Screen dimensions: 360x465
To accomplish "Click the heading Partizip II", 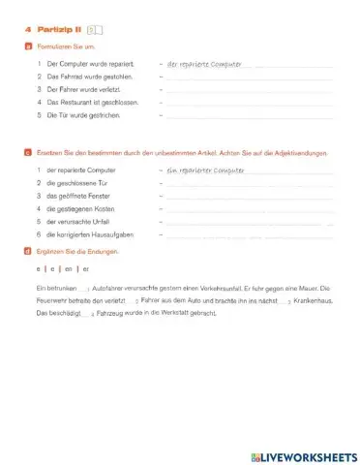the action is (59, 30).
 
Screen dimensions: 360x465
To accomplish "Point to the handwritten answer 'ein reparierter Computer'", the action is (206, 170).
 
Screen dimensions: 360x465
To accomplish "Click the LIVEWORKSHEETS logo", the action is (300, 454).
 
